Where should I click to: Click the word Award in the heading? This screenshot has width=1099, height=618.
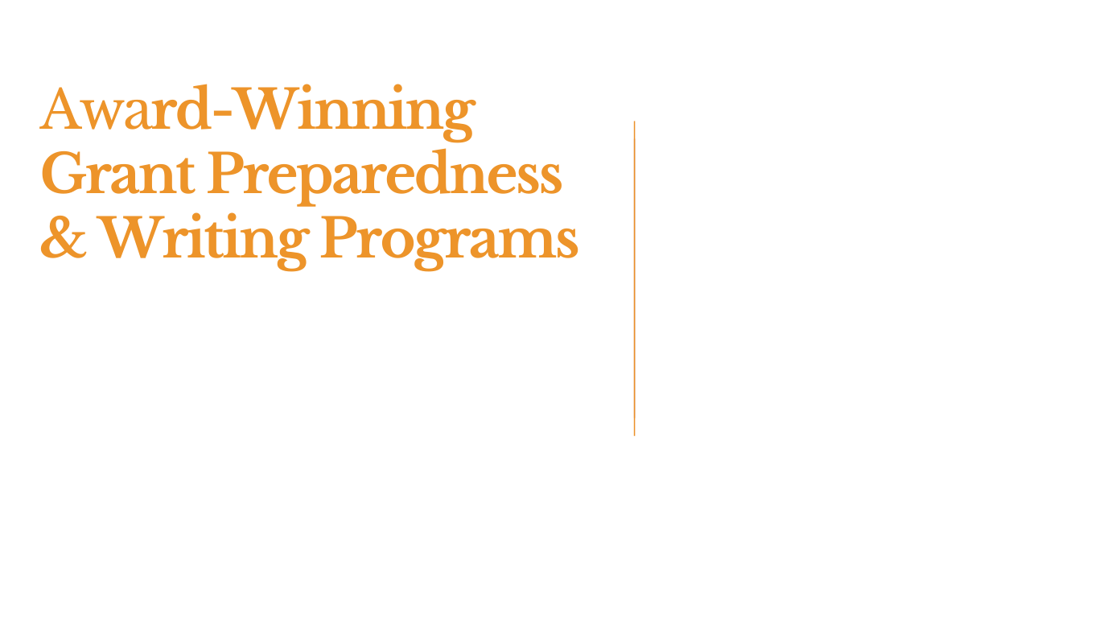coord(126,108)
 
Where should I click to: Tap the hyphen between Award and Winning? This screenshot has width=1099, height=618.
coord(222,113)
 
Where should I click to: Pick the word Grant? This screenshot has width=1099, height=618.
coord(117,172)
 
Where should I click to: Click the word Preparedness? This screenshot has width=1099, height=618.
coord(385,177)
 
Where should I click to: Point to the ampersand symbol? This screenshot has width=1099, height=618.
coord(64,237)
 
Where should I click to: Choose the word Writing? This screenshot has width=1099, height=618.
coord(204,241)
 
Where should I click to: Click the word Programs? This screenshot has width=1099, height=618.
coord(450,242)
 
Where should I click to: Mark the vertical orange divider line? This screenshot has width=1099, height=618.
coord(634,278)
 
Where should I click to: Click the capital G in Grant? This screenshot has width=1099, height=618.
coord(62,172)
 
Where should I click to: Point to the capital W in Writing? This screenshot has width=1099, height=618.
coord(130,237)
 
